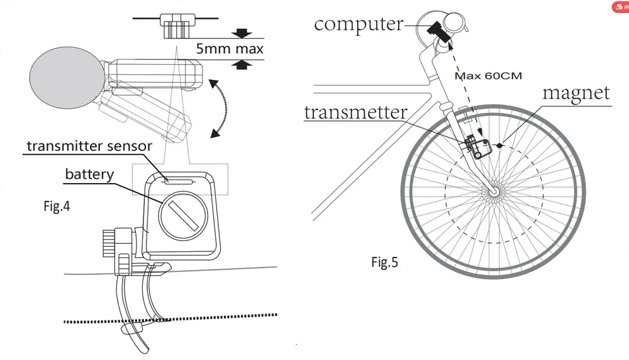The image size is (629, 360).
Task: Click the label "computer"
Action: (359, 24)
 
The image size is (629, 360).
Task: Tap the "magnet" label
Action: (576, 93)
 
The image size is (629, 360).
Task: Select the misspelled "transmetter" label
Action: (355, 112)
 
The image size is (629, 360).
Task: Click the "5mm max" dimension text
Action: (228, 48)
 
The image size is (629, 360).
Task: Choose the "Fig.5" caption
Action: (384, 262)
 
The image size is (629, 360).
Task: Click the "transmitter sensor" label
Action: (89, 146)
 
